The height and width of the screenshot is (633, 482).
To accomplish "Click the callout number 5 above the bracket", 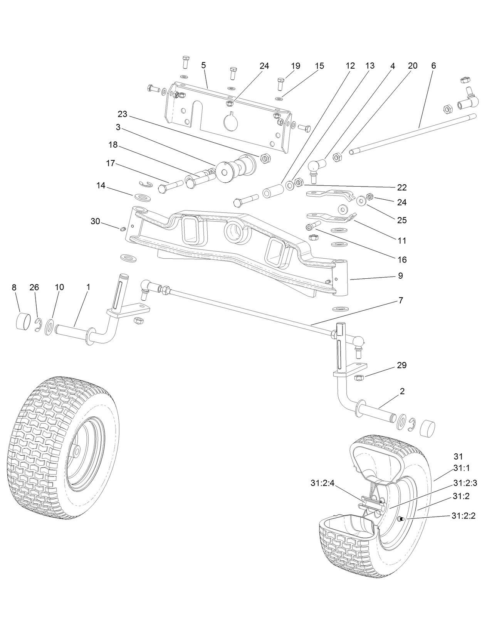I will [x=203, y=65].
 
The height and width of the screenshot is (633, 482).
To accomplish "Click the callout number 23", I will [x=122, y=114].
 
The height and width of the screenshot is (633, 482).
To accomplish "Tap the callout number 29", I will [x=401, y=365].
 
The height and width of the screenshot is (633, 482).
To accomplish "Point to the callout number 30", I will [x=95, y=221].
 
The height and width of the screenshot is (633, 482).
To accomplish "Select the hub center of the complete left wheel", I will [x=76, y=451].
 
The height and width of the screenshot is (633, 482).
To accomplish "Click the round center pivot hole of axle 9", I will [x=235, y=232].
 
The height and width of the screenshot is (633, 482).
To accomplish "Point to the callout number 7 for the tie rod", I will [x=401, y=300].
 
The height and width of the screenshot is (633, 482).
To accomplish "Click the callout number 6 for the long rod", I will [x=433, y=66].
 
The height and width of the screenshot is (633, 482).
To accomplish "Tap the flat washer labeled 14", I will [x=143, y=197].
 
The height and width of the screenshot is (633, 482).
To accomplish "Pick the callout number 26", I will [x=34, y=287].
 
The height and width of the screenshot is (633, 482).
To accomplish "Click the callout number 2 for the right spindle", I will [x=402, y=391].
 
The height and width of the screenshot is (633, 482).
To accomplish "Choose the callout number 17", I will [x=111, y=163].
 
